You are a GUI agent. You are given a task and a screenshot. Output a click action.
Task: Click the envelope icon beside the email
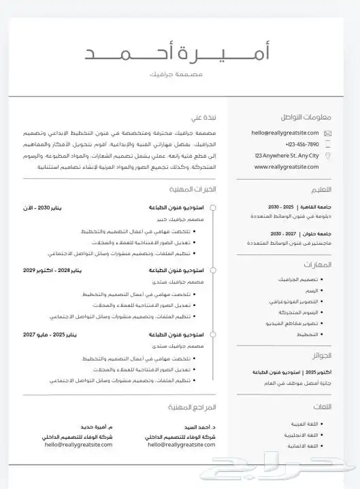(x=328, y=133)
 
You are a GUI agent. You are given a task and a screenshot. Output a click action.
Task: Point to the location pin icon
(x=328, y=156)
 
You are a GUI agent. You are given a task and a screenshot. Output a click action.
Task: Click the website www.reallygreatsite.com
(x=287, y=167)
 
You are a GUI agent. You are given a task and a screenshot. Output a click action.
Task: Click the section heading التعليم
(x=321, y=190)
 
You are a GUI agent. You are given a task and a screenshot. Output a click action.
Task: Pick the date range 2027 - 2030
(x=282, y=233)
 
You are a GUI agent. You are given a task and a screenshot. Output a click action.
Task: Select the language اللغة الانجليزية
(x=301, y=435)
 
